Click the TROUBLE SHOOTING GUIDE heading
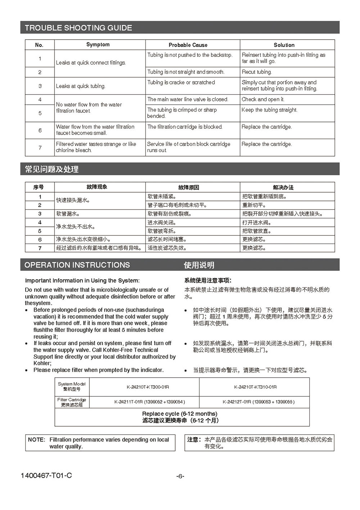point(78,28)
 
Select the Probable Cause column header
point(188,45)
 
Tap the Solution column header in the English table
point(284,45)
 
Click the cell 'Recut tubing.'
point(257,72)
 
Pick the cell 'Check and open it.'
point(263,99)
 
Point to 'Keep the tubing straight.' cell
point(269,110)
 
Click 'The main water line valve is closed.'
point(188,99)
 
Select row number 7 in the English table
point(40,147)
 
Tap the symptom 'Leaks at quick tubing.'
point(80,86)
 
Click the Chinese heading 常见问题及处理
point(51,169)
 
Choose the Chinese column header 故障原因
point(188,187)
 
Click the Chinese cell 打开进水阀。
point(257,223)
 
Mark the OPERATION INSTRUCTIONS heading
point(77,265)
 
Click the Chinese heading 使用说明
point(199,265)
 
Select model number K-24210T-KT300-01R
point(148,387)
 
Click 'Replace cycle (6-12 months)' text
point(180,414)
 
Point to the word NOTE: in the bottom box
point(36,440)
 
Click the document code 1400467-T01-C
point(46,475)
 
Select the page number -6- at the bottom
point(180,476)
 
